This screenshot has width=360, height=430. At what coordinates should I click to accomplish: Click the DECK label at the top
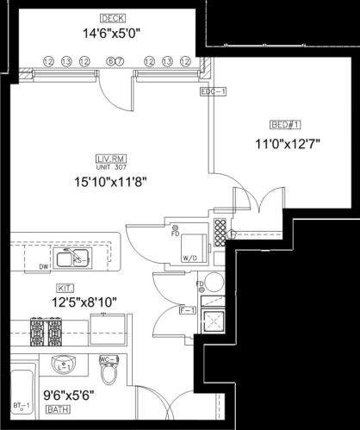pos(112,18)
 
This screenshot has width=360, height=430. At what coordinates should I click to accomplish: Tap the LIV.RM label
pos(109,157)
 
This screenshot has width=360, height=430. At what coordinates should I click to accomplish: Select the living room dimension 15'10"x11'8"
pos(108,182)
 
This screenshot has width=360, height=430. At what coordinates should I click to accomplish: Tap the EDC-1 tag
pos(212,92)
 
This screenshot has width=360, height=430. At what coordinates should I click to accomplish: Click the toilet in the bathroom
pos(109,372)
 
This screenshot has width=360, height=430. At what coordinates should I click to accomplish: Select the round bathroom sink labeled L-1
pos(60,365)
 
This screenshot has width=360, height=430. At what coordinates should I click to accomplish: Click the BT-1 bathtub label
pos(21,405)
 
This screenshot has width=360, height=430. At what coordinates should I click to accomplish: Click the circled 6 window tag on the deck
pos(110,61)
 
